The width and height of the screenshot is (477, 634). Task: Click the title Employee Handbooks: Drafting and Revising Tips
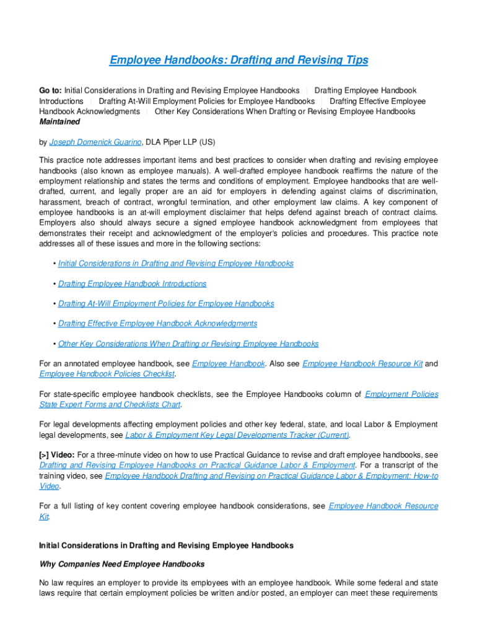coord(239,60)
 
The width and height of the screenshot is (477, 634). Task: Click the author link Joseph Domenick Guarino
coord(95,142)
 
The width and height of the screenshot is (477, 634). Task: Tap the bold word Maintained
coord(59,122)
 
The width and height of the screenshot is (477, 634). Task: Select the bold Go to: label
coord(50,91)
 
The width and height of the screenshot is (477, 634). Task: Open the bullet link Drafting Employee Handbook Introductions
coord(132,284)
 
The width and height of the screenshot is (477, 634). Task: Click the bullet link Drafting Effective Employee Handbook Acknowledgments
coord(157,323)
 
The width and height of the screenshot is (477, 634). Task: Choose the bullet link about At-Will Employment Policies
coord(166,303)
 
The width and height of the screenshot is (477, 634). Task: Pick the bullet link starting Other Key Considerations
coord(188,344)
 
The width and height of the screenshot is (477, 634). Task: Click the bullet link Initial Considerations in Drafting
coord(175,263)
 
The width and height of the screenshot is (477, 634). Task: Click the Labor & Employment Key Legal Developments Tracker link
coord(237,435)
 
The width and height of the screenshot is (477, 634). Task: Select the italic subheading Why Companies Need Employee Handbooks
coord(121,564)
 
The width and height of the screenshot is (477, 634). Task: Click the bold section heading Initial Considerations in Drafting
coord(166,545)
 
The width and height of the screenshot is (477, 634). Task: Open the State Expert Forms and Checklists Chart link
coord(110,404)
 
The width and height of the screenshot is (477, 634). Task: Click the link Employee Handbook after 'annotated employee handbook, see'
coord(229,363)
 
